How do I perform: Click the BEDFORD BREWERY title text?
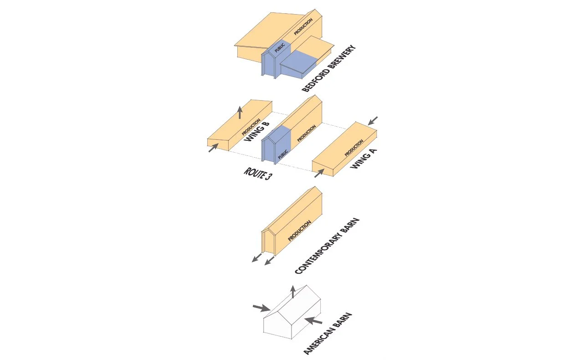coord(328,69)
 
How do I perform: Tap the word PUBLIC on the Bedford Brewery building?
coord(280,48)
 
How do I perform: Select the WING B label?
coord(257,132)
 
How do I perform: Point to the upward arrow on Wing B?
coord(240,112)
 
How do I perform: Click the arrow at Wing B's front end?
coord(213,148)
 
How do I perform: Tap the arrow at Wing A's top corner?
coord(373,120)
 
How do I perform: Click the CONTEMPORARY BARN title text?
coord(327,246)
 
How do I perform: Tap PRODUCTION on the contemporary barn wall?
coord(299,231)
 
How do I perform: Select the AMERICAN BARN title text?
coord(328,334)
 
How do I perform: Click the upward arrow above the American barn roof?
coord(293,292)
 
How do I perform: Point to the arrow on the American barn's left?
coord(261,309)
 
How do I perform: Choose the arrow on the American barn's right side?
coord(313,321)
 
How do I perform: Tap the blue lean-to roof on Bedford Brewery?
coord(298,59)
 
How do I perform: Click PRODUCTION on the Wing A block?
coord(354,148)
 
